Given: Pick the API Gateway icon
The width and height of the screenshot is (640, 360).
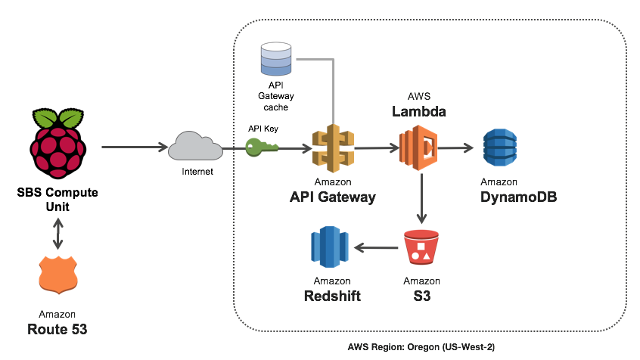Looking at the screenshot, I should [333, 149].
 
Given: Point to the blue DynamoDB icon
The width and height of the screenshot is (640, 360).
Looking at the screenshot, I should [499, 148].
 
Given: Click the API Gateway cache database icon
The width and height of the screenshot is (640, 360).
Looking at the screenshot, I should [276, 58].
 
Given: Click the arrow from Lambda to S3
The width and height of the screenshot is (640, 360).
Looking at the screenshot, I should [421, 198].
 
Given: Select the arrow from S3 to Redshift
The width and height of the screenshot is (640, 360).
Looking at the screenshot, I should [375, 247].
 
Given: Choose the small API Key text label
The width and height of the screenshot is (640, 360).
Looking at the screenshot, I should [263, 129].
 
